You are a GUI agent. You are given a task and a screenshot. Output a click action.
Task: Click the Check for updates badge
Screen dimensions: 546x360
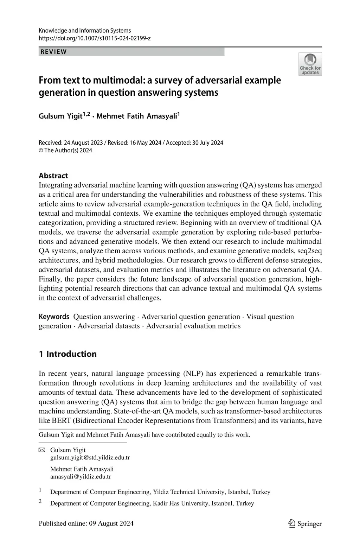pyautogui.click(x=310, y=64)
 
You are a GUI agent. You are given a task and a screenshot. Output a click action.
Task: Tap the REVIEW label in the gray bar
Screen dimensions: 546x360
pyautogui.click(x=54, y=52)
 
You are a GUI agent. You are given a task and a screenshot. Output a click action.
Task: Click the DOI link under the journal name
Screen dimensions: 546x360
pyautogui.click(x=95, y=38)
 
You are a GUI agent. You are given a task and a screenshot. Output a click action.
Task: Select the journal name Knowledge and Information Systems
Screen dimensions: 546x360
pyautogui.click(x=84, y=31)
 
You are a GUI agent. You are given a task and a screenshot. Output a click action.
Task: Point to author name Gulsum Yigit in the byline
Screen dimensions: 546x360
pyautogui.click(x=60, y=116)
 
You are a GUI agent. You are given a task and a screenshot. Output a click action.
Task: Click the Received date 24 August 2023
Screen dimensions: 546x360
pyautogui.click(x=83, y=142)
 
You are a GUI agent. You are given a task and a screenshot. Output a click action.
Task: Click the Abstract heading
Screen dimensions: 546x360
pyautogui.click(x=53, y=176)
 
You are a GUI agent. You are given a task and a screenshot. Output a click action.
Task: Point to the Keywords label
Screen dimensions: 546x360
pyautogui.click(x=54, y=317)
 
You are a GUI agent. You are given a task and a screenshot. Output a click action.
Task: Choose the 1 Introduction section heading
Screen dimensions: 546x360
pyautogui.click(x=67, y=354)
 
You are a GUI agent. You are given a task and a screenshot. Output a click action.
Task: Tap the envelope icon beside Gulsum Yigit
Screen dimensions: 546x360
pyautogui.click(x=42, y=450)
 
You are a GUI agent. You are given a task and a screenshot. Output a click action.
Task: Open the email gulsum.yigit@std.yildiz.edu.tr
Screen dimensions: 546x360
pyautogui.click(x=90, y=458)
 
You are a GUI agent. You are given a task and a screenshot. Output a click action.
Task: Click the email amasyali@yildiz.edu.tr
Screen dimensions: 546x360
pyautogui.click(x=81, y=477)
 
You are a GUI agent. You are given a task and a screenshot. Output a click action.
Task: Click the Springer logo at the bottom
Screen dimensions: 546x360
pyautogui.click(x=305, y=523)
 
